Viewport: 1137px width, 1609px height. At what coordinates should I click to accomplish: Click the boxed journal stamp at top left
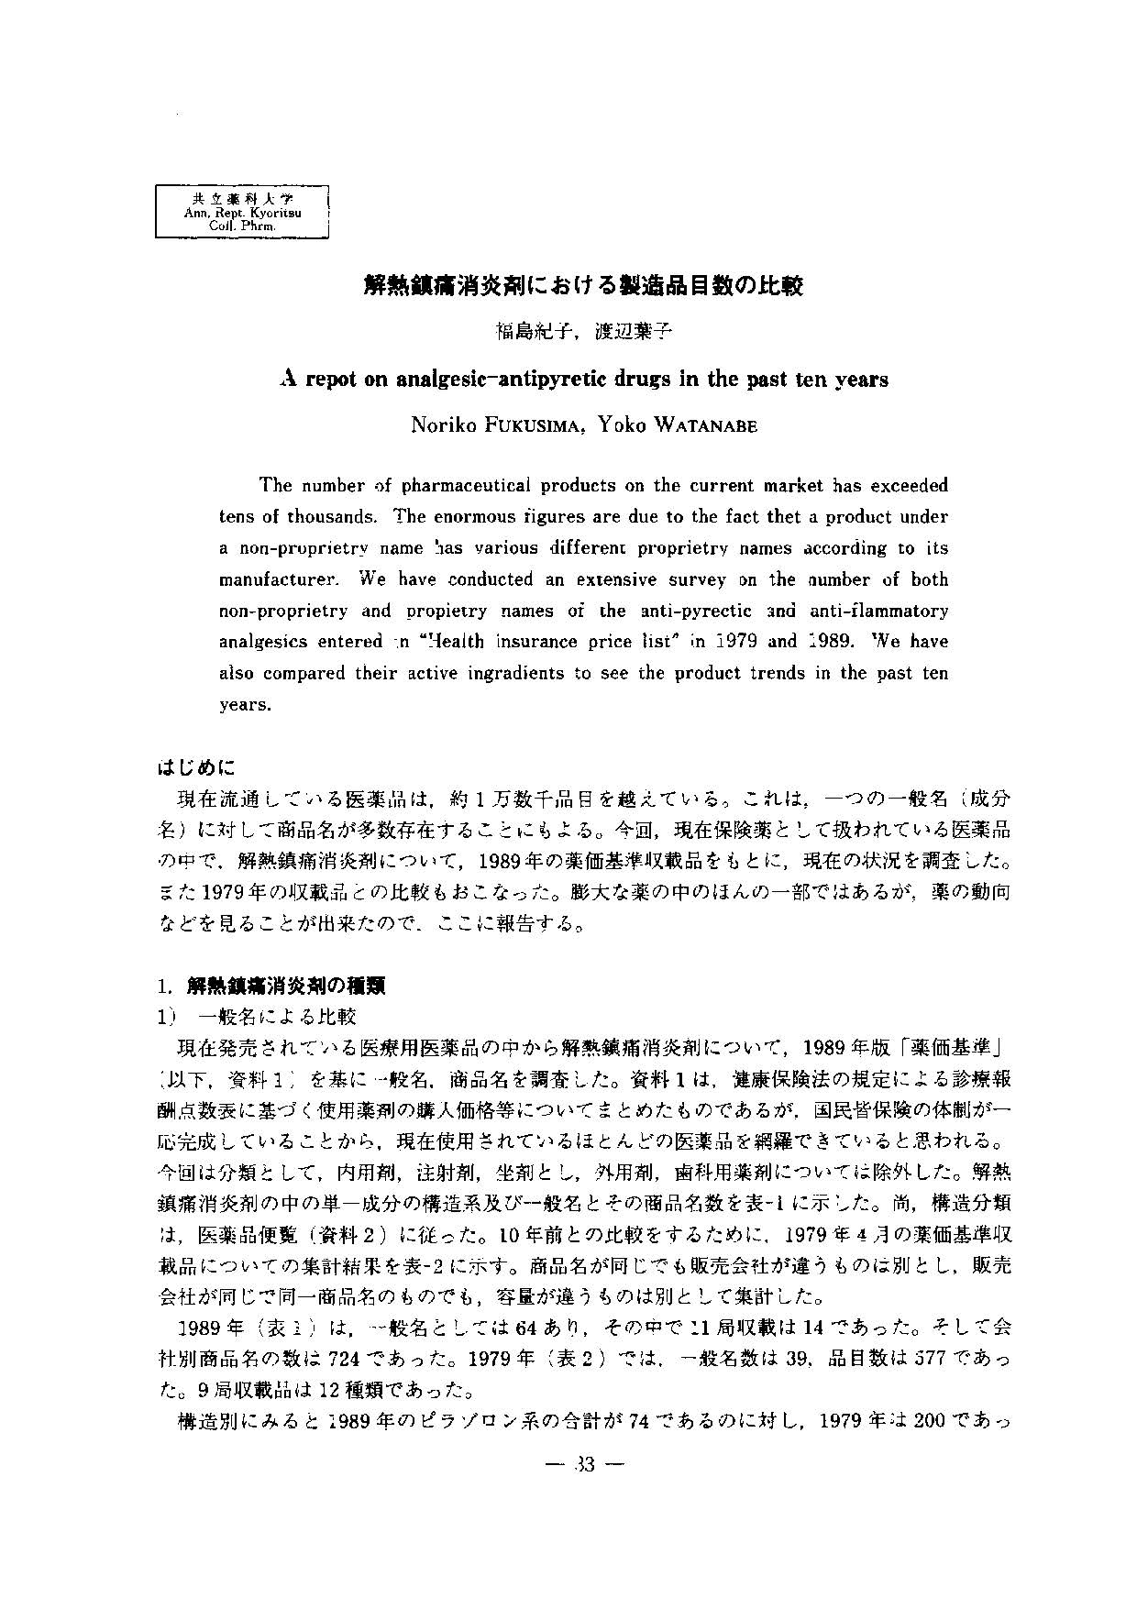pyautogui.click(x=242, y=212)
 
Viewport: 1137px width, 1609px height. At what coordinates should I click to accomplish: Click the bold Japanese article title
pyautogui.click(x=582, y=286)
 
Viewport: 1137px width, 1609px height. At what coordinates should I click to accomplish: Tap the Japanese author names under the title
pyautogui.click(x=584, y=332)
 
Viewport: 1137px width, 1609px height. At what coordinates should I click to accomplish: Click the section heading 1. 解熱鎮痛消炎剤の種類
pyautogui.click(x=270, y=986)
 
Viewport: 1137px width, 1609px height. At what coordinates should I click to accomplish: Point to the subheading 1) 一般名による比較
pyautogui.click(x=258, y=1017)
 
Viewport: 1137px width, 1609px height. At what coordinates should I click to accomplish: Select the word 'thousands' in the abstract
pyautogui.click(x=327, y=516)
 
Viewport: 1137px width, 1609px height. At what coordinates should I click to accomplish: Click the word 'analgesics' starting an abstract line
pyautogui.click(x=258, y=642)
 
